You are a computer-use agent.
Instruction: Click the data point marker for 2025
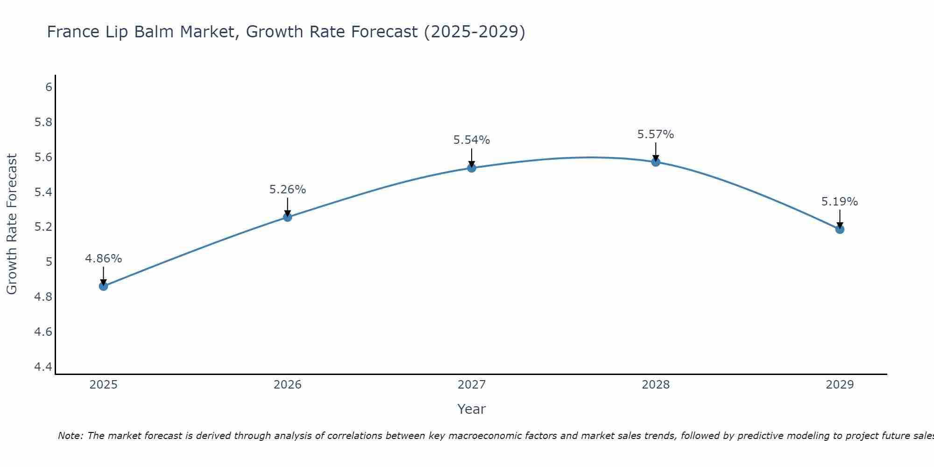[103, 286]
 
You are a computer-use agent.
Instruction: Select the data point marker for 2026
[287, 217]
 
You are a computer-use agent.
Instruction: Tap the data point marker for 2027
[472, 168]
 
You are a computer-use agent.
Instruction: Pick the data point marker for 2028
[656, 162]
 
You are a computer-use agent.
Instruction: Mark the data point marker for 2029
[840, 229]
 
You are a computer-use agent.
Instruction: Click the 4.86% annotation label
[103, 259]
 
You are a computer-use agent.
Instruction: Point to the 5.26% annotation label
[287, 190]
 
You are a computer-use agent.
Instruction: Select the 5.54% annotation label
[472, 140]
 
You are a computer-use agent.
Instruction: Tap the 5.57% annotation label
[656, 134]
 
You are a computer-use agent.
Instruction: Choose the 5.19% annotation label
[840, 202]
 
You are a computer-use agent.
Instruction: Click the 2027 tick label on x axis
[472, 385]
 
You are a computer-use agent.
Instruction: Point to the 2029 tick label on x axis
[840, 385]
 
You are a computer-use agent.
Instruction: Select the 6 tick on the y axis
[49, 87]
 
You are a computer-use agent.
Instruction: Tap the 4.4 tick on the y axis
[43, 367]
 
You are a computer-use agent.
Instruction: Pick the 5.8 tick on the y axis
[43, 122]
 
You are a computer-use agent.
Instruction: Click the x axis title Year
[472, 409]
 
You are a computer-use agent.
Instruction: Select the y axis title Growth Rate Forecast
[12, 224]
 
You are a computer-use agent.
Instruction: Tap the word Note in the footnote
[70, 436]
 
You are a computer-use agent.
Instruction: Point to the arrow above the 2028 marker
[656, 151]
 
